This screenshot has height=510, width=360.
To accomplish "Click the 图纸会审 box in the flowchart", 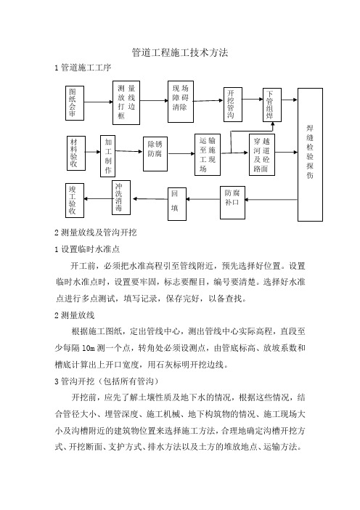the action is coord(75,103).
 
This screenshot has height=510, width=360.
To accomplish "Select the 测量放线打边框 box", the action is coord(126,102).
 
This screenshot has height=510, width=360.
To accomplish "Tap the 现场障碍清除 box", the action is coord(181,102).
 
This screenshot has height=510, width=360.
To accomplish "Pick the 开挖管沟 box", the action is coord(233,105).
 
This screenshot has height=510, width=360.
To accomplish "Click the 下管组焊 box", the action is coord(272,105).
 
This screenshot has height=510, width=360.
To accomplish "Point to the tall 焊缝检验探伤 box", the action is coord(311,155).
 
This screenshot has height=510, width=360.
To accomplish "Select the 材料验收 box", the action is coord(76,153).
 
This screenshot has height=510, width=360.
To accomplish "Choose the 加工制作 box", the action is coord(108,155).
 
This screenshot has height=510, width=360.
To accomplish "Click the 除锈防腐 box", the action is coord(155,154).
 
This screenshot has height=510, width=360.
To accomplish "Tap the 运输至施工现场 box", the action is coord(208,155).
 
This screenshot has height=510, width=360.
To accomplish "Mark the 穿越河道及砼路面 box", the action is coord(262,155).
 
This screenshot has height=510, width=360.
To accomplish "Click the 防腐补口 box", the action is coord(232,203).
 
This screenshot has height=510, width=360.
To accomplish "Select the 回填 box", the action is coord(177,204).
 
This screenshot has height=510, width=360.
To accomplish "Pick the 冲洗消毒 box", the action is coord(121,198).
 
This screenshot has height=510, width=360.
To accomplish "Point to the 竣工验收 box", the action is coord(75,201).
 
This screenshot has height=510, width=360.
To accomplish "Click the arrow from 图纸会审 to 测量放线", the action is coord(99,102).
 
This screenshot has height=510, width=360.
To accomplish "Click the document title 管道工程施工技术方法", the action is coord(180,53).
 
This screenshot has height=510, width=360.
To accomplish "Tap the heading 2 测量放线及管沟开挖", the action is coord(96,232).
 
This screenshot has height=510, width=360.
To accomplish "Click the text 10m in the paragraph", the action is coord(88,348).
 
